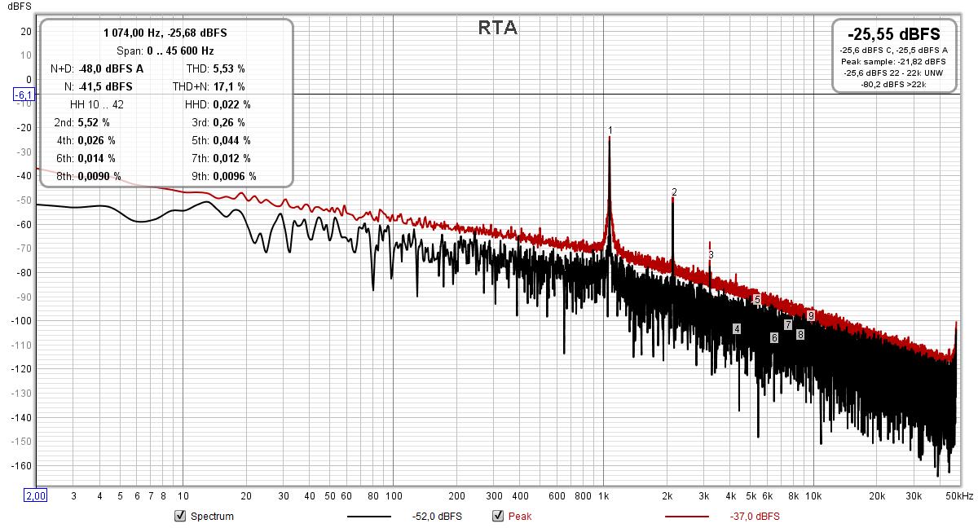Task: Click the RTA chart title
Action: [497, 29]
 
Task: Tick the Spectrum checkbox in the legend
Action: [180, 516]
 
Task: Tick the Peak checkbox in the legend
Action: [498, 516]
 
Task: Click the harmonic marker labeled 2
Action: [674, 192]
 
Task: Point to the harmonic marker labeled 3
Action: [711, 255]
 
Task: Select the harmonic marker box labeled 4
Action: [737, 328]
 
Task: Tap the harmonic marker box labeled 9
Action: [811, 315]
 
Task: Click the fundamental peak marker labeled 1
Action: [610, 130]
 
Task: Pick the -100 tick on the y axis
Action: [21, 321]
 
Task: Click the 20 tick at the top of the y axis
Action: [25, 32]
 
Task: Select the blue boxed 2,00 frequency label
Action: [36, 495]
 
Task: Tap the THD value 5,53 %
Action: [230, 69]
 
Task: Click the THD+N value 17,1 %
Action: [230, 86]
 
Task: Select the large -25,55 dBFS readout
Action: [894, 34]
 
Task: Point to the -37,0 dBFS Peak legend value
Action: [755, 517]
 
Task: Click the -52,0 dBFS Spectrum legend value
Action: [438, 517]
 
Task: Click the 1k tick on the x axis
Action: [603, 495]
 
